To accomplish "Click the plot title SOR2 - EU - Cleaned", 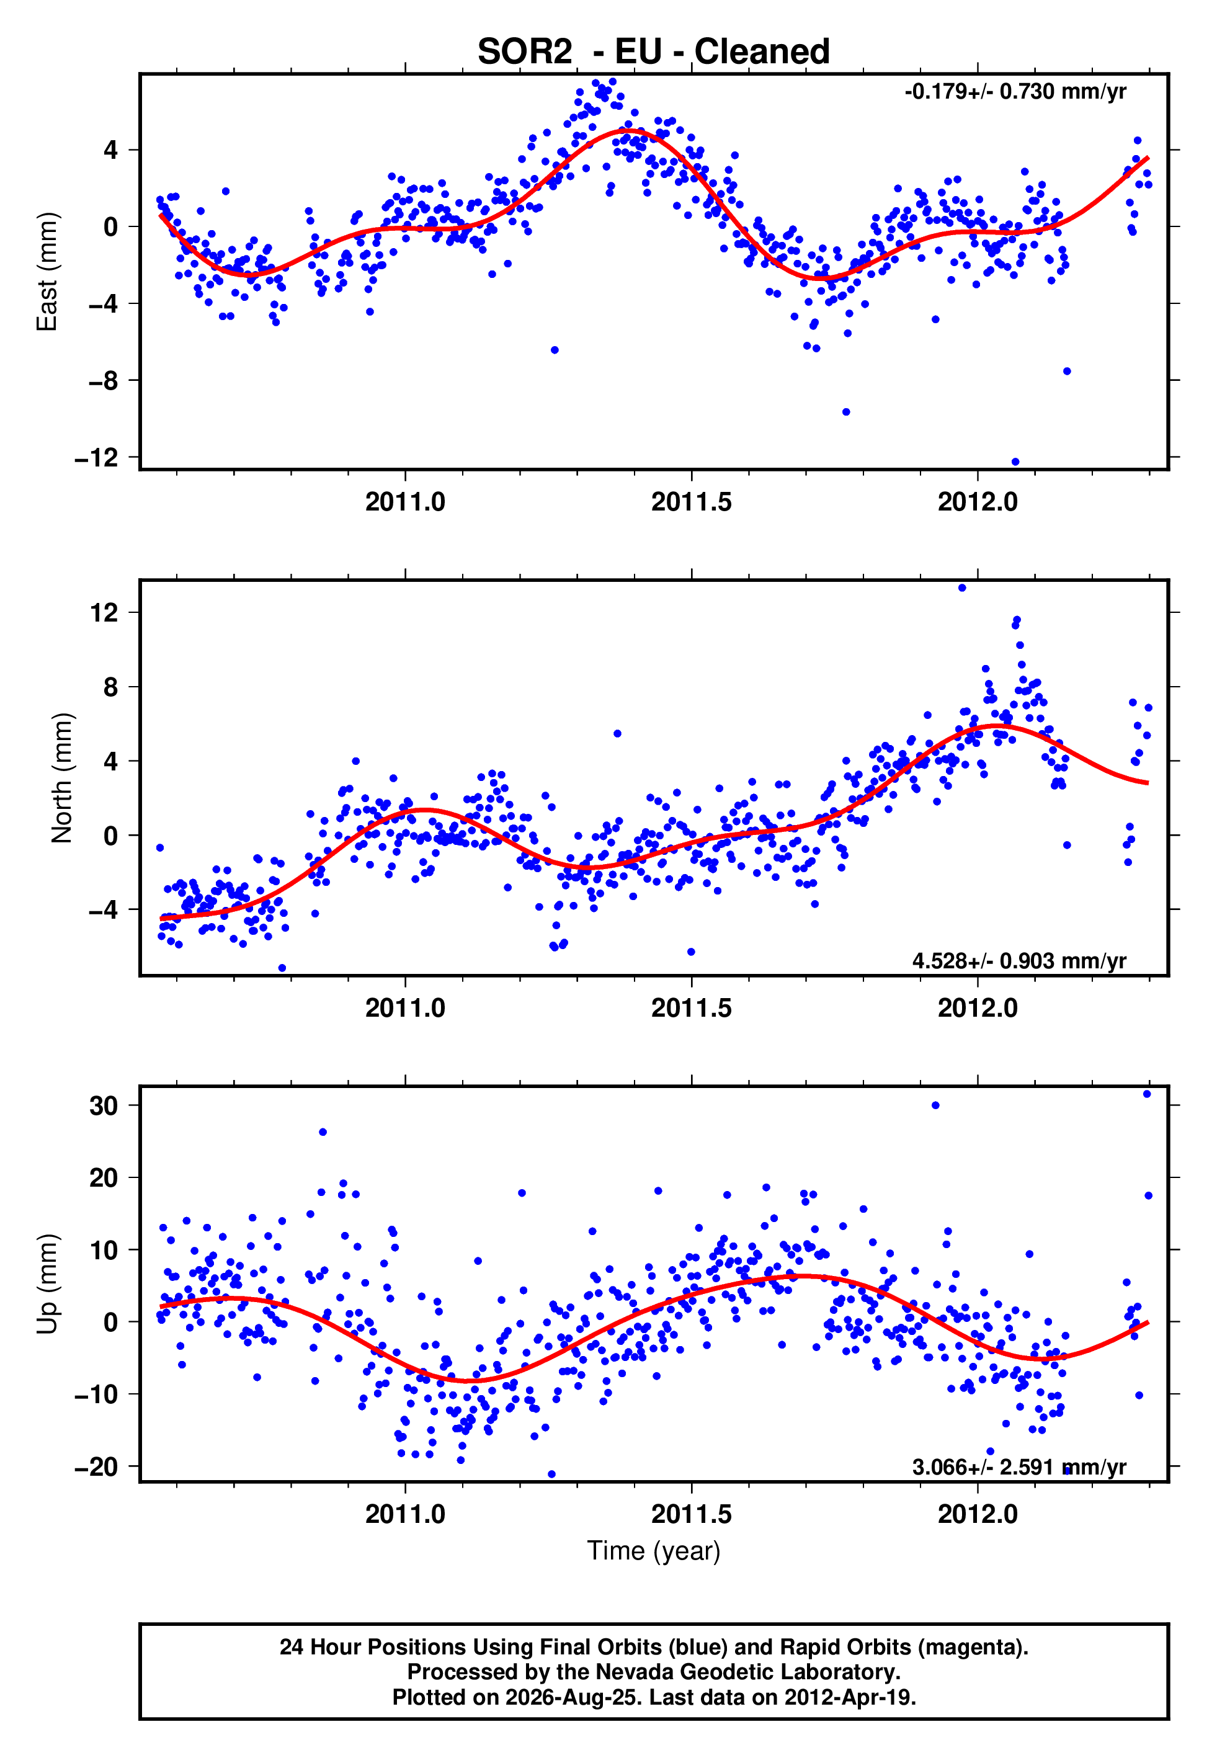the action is [654, 52].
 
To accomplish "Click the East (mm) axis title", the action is [47, 272].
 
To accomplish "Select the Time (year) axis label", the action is [654, 1551].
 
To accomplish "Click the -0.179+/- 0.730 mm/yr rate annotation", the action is [1015, 91].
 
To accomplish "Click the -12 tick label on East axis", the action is [97, 458].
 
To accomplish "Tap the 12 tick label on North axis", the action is [104, 612].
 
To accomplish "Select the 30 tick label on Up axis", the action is [104, 1105].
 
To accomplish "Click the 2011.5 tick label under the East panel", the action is [691, 502].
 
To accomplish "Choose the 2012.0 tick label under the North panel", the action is [978, 1008].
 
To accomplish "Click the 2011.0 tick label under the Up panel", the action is [405, 1514].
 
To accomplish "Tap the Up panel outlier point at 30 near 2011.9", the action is [935, 1105].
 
